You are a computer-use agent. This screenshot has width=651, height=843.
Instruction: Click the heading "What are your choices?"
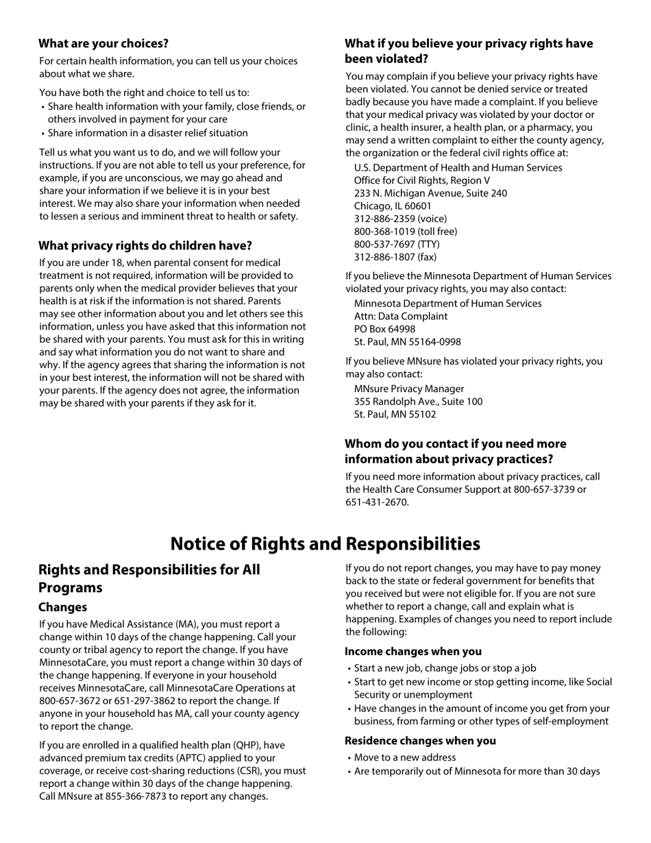(x=103, y=44)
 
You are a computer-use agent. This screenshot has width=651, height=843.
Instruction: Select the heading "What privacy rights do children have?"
(x=145, y=245)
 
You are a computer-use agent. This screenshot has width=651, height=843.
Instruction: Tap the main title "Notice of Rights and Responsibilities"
(x=325, y=543)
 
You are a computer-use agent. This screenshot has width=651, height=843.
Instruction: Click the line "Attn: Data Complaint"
(x=400, y=316)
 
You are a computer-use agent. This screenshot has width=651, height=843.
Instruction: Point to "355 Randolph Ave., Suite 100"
(x=418, y=402)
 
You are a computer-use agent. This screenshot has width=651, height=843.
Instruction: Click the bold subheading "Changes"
(x=62, y=607)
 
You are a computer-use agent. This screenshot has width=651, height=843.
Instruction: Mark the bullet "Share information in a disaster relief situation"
(x=147, y=133)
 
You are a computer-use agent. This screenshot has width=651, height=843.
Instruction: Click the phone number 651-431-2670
(x=376, y=502)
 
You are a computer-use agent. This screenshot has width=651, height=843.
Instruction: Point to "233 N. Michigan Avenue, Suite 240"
(x=430, y=193)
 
